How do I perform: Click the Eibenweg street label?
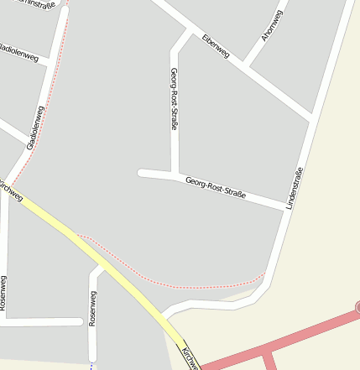coord(215,46)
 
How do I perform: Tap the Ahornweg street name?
coord(271,25)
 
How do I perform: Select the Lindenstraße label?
coord(294,188)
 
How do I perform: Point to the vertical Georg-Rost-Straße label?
coord(174,98)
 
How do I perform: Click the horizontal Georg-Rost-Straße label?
coord(216,187)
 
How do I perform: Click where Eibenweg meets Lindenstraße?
coord(312,118)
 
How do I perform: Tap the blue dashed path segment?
coord(91,366)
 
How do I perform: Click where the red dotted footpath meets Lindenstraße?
coord(264,274)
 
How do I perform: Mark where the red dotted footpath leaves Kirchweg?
coord(77,235)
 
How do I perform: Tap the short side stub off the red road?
coord(269,361)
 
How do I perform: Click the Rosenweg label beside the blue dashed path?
coord(92,308)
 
